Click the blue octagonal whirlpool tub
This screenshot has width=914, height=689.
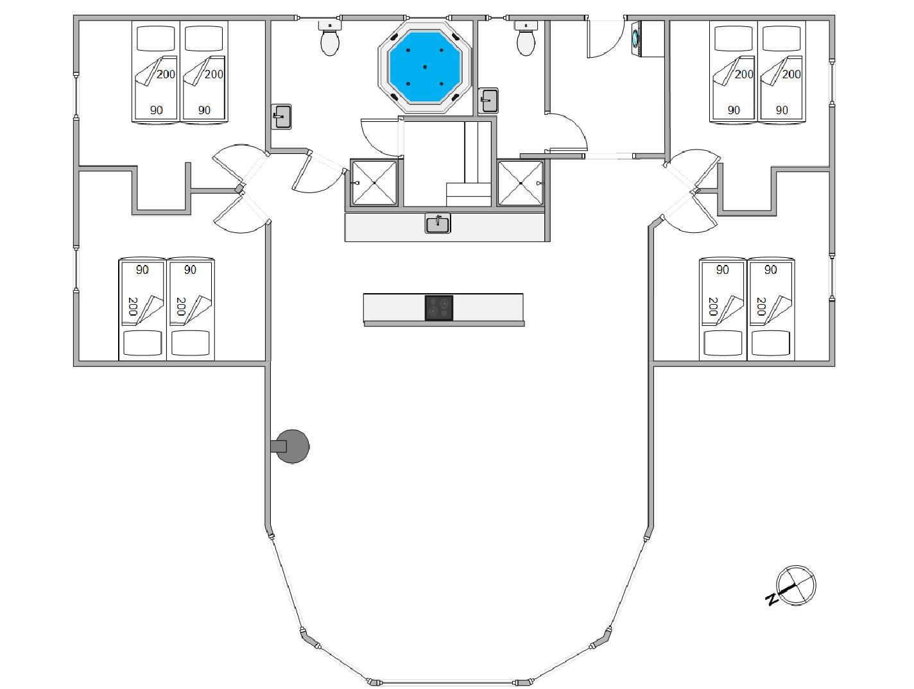[x=424, y=67]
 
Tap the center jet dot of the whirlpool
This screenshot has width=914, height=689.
[x=425, y=67]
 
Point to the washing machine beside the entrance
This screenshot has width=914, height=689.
[x=637, y=38]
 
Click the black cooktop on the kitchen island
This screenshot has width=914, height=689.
[x=439, y=307]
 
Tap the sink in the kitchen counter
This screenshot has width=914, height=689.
[x=438, y=223]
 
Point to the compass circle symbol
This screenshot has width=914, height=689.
[x=796, y=586]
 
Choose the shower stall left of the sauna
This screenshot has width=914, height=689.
[x=374, y=183]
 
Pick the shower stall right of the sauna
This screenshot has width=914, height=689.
[x=521, y=183]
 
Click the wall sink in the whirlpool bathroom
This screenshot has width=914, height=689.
[x=282, y=117]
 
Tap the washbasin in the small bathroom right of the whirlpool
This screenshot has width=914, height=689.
[x=488, y=100]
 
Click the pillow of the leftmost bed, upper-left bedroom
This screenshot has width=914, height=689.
[x=156, y=38]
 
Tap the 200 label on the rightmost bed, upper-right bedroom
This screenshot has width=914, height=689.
[x=791, y=74]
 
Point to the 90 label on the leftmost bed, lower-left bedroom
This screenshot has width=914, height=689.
[x=142, y=269]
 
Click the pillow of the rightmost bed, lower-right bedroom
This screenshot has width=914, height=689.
[x=770, y=343]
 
